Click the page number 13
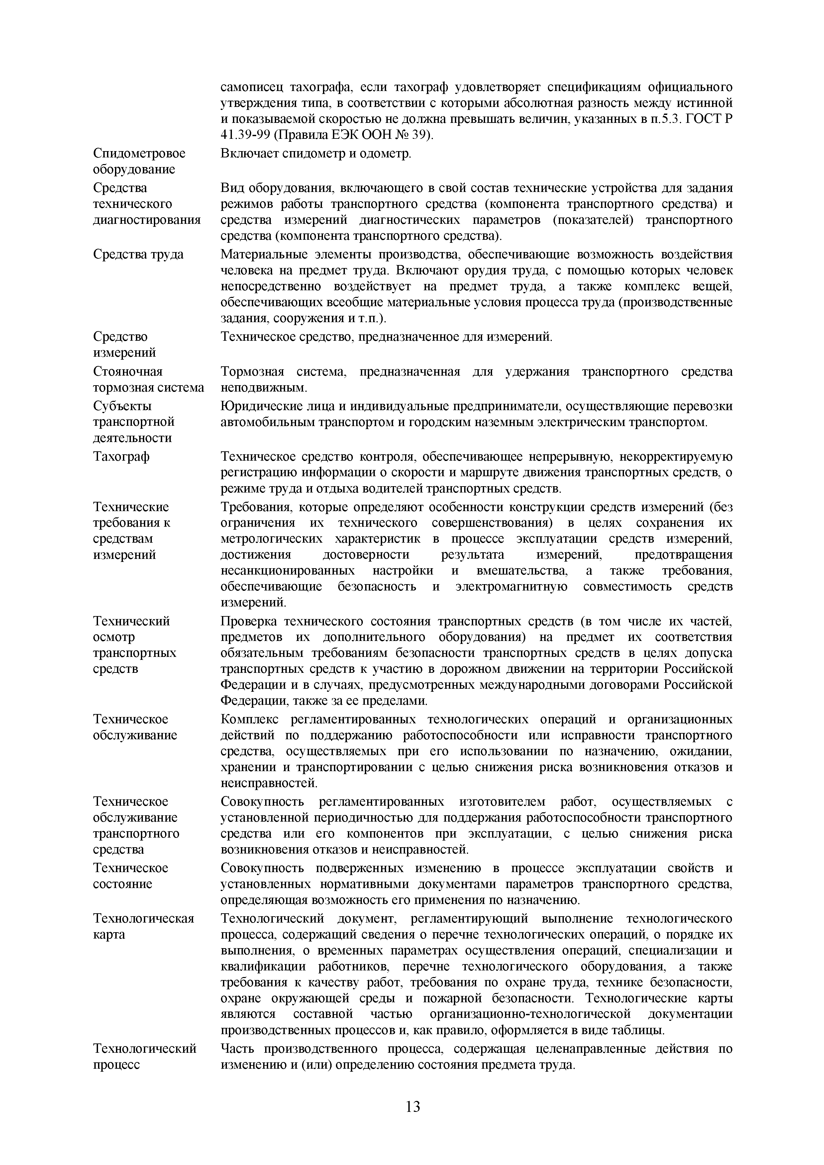pyautogui.click(x=413, y=1106)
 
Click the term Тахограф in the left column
pyautogui.click(x=121, y=457)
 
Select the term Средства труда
pyautogui.click(x=138, y=254)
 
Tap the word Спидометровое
pyautogui.click(x=140, y=153)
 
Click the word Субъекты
pyautogui.click(x=122, y=406)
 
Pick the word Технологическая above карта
pyautogui.click(x=144, y=918)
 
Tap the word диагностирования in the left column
pyautogui.click(x=147, y=220)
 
